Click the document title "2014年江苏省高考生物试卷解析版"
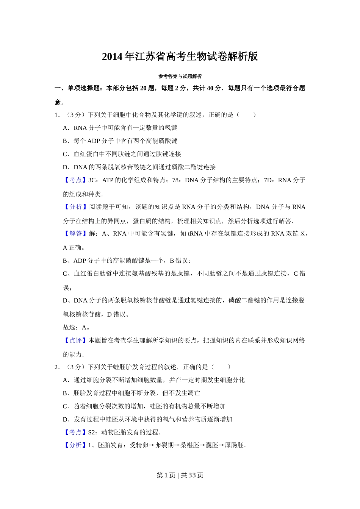180,57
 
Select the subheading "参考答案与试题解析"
180,77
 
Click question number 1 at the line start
57,115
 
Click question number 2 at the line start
57,367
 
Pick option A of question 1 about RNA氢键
120,128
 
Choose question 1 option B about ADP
120,141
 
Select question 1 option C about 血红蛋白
122,154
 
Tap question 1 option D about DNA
139,167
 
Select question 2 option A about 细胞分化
153,380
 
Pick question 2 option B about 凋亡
131,393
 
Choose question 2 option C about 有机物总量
144,406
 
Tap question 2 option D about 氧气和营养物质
147,420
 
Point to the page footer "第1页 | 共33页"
180,475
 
